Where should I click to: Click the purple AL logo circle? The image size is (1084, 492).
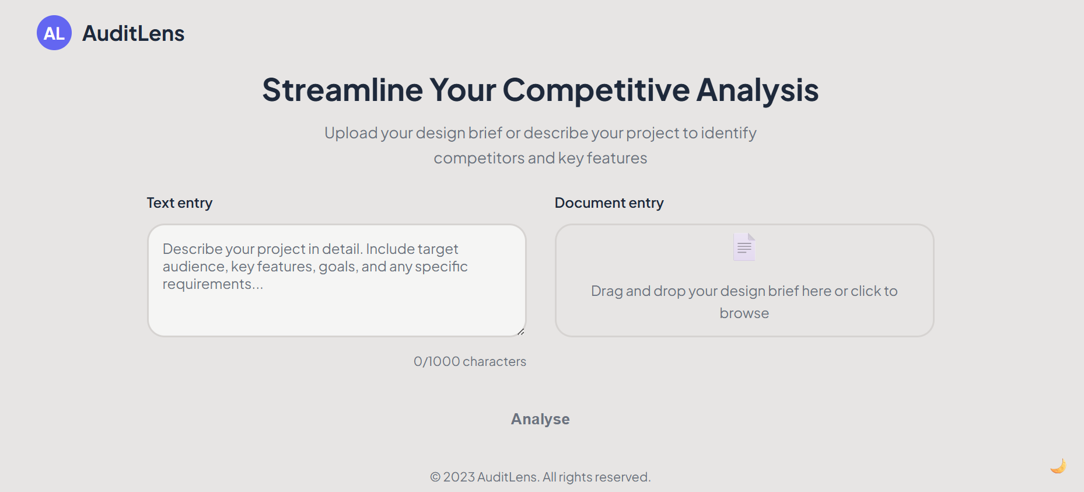point(54,33)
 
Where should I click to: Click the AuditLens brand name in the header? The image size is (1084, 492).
point(134,33)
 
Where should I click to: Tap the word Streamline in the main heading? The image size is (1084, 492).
point(342,90)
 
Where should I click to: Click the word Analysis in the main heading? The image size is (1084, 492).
point(757,90)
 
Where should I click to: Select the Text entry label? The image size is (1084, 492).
point(180,203)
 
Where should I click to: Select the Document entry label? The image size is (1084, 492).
point(609,203)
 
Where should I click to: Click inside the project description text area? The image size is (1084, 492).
point(337,280)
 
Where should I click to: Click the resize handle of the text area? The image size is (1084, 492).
point(520,332)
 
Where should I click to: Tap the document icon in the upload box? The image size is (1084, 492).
point(744,247)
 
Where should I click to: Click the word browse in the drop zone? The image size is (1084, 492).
point(744,313)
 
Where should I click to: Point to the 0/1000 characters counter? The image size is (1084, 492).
point(470,362)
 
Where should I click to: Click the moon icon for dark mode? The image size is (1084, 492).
point(1058,466)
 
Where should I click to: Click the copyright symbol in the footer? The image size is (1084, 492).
point(435,477)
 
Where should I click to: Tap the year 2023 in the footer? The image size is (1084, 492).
point(459,477)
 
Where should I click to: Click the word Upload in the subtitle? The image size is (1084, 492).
point(351,133)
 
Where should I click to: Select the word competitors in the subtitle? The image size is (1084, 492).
point(479,158)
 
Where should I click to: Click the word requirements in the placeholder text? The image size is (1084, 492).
point(207,284)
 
